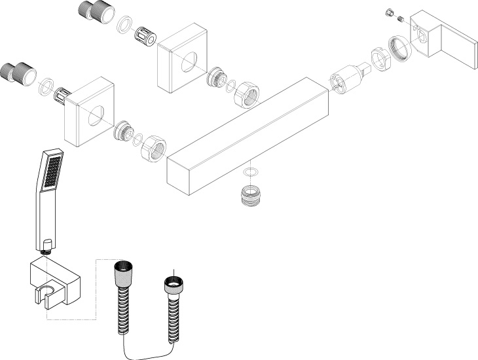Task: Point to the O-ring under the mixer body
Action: click(249, 173)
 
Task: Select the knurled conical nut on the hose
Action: click(122, 271)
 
